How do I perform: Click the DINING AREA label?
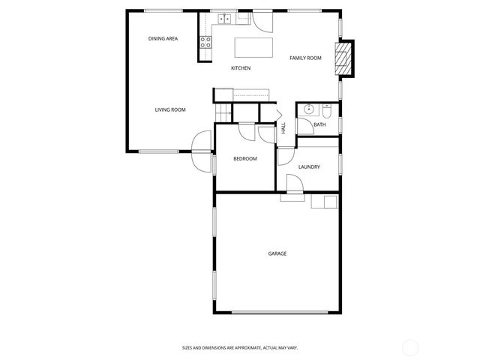pyautogui.click(x=162, y=38)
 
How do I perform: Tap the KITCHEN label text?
pyautogui.click(x=240, y=68)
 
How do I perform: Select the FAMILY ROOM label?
pyautogui.click(x=305, y=58)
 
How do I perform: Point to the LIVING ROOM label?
pyautogui.click(x=170, y=110)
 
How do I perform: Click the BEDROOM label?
pyautogui.click(x=245, y=158)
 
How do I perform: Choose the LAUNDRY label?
pyautogui.click(x=309, y=166)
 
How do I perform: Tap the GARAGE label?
pyautogui.click(x=277, y=253)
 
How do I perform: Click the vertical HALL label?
pyautogui.click(x=283, y=128)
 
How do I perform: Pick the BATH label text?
pyautogui.click(x=319, y=124)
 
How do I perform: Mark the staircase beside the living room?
pyautogui.click(x=223, y=112)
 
